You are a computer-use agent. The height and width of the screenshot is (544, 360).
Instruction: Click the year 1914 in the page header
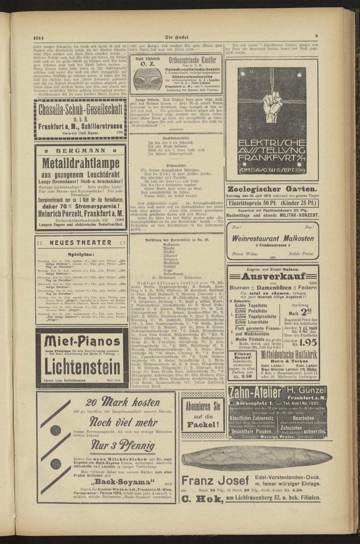pyautogui.click(x=39, y=38)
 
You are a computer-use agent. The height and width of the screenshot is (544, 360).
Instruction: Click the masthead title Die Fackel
pyautogui.click(x=177, y=37)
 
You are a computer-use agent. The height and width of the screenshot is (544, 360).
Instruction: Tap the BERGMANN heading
pyautogui.click(x=80, y=150)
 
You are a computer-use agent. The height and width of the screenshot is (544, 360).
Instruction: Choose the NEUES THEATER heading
pyautogui.click(x=80, y=243)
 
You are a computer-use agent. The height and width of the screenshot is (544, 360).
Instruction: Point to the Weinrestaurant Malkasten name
pyautogui.click(x=273, y=238)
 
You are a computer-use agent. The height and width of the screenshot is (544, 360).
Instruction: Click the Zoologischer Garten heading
pyautogui.click(x=272, y=189)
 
